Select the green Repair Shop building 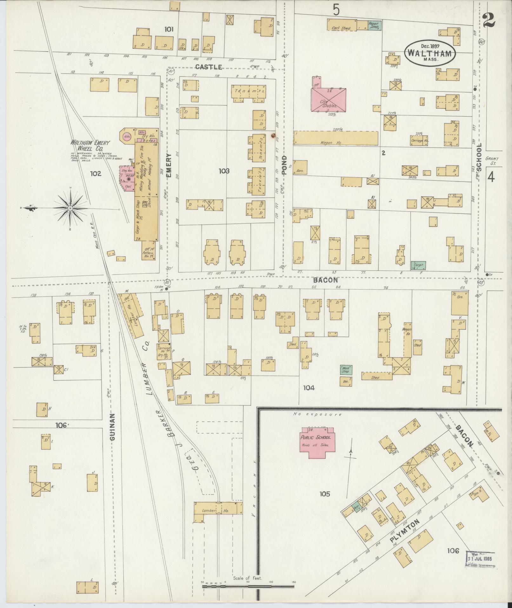[375, 25]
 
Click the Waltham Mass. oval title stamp [430, 53]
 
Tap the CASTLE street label [208, 67]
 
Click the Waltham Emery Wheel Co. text [90, 146]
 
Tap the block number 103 [224, 171]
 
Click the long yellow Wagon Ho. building [336, 138]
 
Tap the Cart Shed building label [341, 28]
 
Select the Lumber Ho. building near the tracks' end [218, 511]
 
